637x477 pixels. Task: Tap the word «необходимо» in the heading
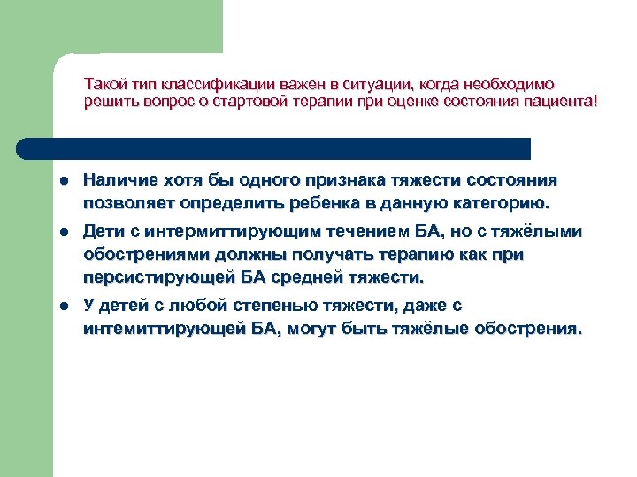510,85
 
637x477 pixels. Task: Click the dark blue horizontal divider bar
274,148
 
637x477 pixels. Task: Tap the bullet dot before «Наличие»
65,181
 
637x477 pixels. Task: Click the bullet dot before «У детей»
65,306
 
